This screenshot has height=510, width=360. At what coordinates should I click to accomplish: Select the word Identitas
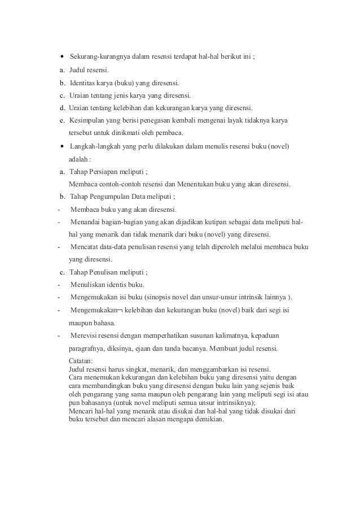84,82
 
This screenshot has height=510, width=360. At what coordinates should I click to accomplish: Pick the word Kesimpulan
87,120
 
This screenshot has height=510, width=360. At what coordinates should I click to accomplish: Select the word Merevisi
84,335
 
